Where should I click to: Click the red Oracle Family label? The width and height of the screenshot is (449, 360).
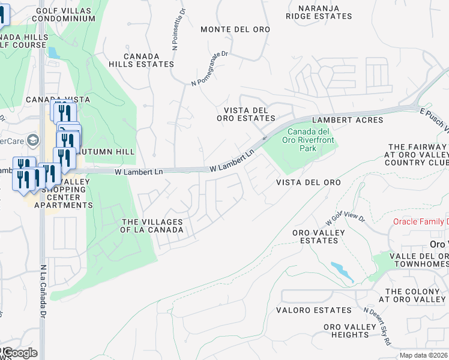[420, 221]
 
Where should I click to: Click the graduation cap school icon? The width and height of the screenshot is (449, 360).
[32, 140]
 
